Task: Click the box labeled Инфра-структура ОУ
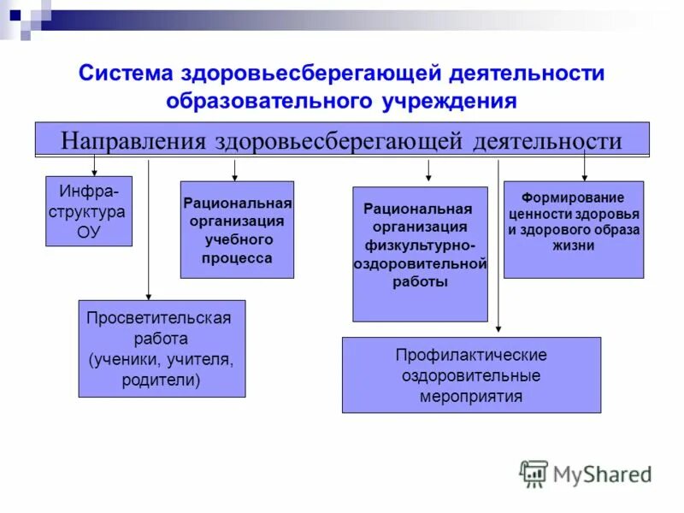(x=88, y=210)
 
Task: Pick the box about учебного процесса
(x=237, y=229)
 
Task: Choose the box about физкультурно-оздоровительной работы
(x=420, y=254)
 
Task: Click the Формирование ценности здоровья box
(x=573, y=229)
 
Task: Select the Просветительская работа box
(x=162, y=348)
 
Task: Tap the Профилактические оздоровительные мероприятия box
(x=471, y=374)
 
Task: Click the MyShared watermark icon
(x=534, y=474)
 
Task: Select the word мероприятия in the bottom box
(x=471, y=397)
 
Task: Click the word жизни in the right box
(x=573, y=245)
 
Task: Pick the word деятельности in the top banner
(x=547, y=139)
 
